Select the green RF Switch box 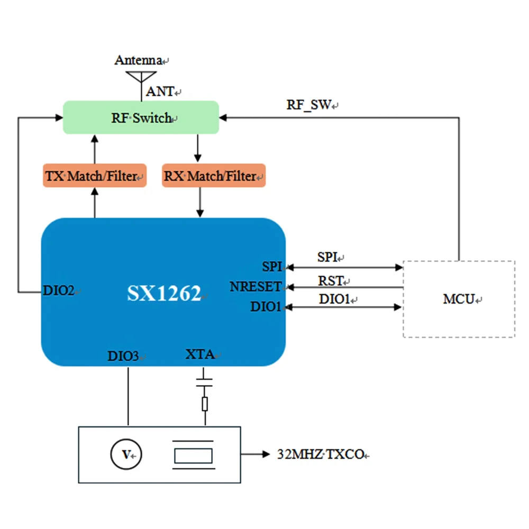[141, 117]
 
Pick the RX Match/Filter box [213, 176]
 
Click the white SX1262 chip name [164, 293]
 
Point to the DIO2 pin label [59, 290]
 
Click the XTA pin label [200, 354]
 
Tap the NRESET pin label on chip [256, 287]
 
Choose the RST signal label [331, 280]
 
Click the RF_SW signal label [309, 105]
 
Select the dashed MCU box [459, 299]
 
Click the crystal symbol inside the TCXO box [194, 455]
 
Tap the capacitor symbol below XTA [204, 382]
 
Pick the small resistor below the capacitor [205, 404]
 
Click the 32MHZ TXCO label [320, 454]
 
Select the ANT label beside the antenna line [160, 92]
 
